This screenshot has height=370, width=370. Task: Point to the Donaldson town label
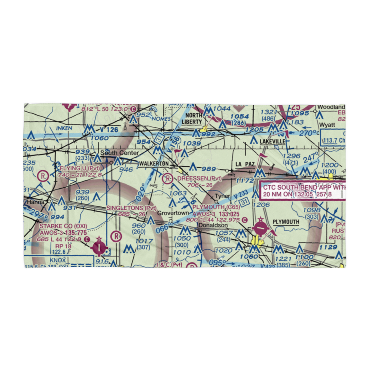(x=213, y=225)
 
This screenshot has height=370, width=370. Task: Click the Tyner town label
(x=222, y=196)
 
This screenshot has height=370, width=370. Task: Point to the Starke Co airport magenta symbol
(x=100, y=246)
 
